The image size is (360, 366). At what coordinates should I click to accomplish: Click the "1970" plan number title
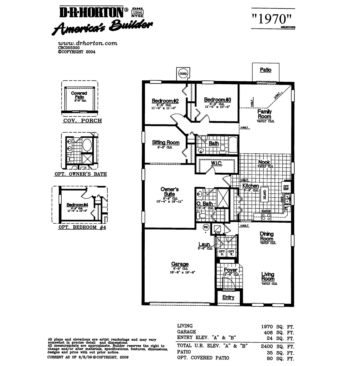272,19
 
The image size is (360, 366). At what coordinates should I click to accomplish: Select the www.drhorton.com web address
88,43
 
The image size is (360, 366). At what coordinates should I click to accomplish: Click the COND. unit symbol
183,74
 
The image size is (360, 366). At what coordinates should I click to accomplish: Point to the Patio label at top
265,70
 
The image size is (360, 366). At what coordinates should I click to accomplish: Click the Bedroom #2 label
165,101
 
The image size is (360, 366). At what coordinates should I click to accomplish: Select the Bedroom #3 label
217,100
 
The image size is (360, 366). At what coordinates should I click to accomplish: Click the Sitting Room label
166,143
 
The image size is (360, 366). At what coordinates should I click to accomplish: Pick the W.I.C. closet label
216,164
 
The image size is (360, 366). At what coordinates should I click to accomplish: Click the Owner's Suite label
169,191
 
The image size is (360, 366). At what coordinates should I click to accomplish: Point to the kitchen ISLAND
265,195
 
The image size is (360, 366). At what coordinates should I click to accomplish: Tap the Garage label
180,264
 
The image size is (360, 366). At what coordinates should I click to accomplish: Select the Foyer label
230,270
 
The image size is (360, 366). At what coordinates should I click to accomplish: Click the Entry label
228,297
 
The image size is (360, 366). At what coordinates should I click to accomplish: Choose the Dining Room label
266,236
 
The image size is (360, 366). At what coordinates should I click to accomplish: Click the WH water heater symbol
206,227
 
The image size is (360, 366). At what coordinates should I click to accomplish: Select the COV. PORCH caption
82,121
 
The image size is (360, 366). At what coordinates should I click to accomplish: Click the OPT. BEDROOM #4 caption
82,227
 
